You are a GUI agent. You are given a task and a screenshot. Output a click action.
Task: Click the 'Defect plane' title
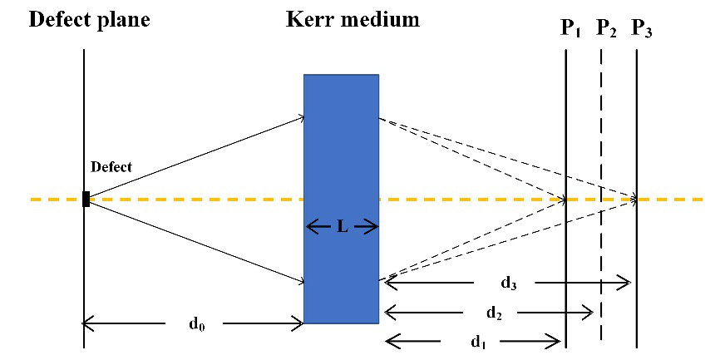[90, 19]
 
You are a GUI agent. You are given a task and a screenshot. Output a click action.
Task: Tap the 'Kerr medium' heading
[348, 19]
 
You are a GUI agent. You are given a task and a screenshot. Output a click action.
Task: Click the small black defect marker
[86, 199]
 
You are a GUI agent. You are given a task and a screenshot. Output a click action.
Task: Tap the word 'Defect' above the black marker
[111, 167]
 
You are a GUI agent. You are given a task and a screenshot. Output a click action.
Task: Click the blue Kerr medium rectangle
[341, 141]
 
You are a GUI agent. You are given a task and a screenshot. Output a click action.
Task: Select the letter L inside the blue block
[342, 226]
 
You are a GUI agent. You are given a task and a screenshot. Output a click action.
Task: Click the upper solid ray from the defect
[195, 159]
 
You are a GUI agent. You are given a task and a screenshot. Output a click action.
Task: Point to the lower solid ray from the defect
[195, 241]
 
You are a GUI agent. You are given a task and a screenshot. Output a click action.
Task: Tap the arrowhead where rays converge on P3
[634, 200]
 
